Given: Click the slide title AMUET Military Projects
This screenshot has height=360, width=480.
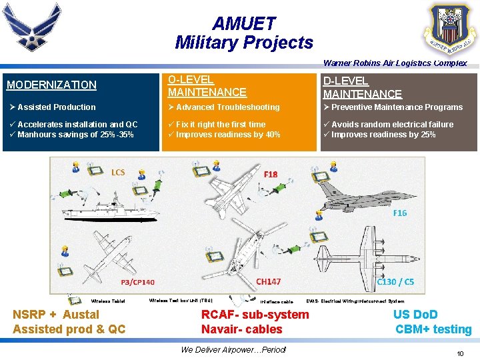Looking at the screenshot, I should point(243,33).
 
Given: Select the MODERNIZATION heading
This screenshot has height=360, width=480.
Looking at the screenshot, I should point(51,85).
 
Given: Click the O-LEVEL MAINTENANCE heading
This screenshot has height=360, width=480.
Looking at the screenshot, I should point(207,86).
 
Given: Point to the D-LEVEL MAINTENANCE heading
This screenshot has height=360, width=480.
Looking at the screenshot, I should point(363,87).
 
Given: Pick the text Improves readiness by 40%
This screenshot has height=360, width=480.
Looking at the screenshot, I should point(227,135).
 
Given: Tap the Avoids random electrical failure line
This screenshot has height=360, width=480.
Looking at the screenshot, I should point(392,125).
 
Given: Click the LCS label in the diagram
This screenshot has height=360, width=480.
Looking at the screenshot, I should point(118,173).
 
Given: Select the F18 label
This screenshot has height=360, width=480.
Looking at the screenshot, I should point(271,175).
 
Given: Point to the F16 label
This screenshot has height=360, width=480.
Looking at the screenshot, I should point(399,213).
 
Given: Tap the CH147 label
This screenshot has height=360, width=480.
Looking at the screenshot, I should point(269,282).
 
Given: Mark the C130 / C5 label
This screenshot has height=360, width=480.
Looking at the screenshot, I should point(395,282).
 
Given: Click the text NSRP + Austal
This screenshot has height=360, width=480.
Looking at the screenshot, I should point(56,315).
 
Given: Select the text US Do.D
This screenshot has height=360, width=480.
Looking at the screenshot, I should point(415,315).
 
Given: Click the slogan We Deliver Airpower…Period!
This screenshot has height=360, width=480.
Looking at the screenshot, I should point(233,350).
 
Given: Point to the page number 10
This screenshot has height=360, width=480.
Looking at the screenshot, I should point(460,353).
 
